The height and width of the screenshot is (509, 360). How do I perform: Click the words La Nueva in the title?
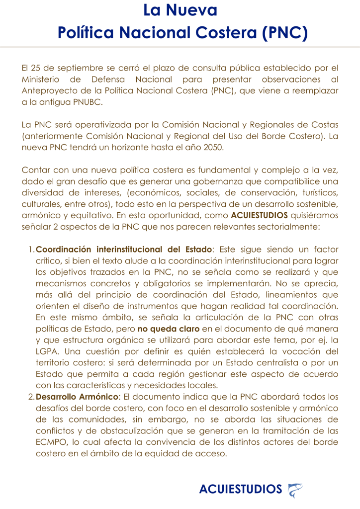[x=180, y=10]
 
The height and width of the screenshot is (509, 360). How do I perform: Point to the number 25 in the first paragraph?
[x=35, y=68]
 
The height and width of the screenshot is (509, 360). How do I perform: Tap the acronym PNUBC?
[x=85, y=102]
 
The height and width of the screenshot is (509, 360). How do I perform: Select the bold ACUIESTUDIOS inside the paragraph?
[x=260, y=215]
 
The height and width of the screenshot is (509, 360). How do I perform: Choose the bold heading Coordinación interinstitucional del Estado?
[x=124, y=249]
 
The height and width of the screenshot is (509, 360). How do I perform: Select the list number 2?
[x=30, y=396]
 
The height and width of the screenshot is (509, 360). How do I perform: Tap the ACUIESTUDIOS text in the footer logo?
[x=240, y=489]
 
